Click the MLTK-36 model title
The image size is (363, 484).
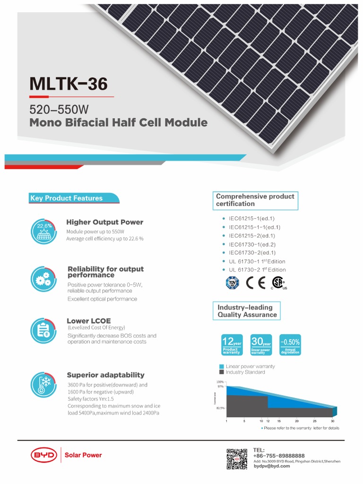pos(69,84)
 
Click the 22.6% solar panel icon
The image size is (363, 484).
pos(44,232)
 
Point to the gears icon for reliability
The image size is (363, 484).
pos(43,278)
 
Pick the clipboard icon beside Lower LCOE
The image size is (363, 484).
pos(43,329)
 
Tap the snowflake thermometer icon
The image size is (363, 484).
pos(43,384)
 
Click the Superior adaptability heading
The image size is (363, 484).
pos(105,375)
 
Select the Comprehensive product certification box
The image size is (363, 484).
pos(256,200)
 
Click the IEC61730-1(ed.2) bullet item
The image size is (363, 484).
pos(252,244)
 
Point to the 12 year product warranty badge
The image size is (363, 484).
pos(233,345)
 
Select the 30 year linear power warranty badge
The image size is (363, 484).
pos(261,345)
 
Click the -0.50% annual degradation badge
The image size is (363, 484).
pos(290,345)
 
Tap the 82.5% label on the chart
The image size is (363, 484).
pos(220,407)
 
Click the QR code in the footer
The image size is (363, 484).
pos(237,459)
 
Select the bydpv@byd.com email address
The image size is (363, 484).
pos(272,466)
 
